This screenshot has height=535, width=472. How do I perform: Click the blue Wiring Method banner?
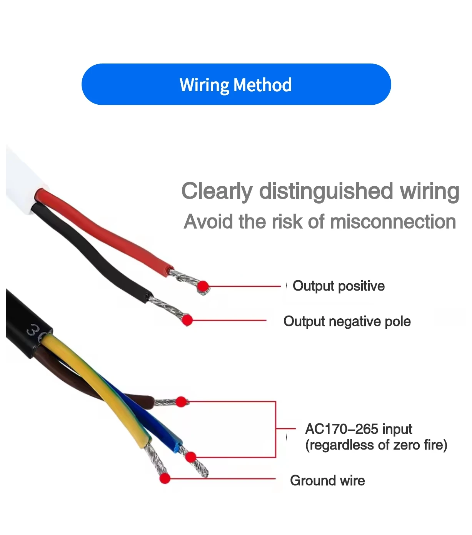[x=236, y=84]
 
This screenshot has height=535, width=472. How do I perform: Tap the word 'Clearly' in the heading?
[x=217, y=191]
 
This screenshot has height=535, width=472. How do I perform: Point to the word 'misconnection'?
[x=393, y=222]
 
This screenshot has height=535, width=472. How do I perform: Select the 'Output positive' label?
[x=339, y=286]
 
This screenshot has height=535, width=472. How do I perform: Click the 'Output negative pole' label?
[x=347, y=321]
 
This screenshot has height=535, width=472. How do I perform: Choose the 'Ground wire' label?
[x=327, y=481]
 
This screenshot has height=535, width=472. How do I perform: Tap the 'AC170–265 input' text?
[x=358, y=429]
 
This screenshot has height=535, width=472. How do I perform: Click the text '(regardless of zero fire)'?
[x=376, y=445]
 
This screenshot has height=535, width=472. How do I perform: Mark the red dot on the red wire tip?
[x=203, y=286]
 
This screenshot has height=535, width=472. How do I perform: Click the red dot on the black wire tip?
[x=187, y=320]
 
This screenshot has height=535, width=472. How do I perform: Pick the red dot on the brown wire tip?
[x=181, y=402]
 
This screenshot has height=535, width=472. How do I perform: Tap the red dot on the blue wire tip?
[x=190, y=457]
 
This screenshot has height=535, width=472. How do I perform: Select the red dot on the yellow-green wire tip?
[x=165, y=478]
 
